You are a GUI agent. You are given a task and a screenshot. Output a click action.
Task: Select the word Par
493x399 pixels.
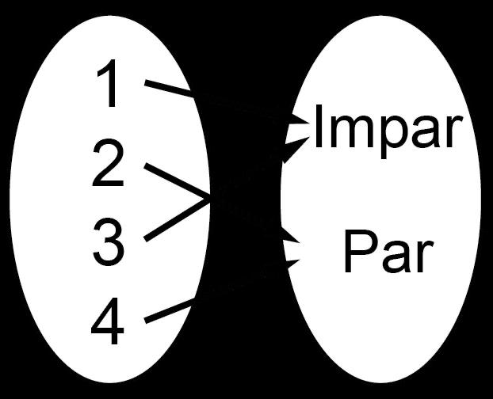point(388,253)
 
